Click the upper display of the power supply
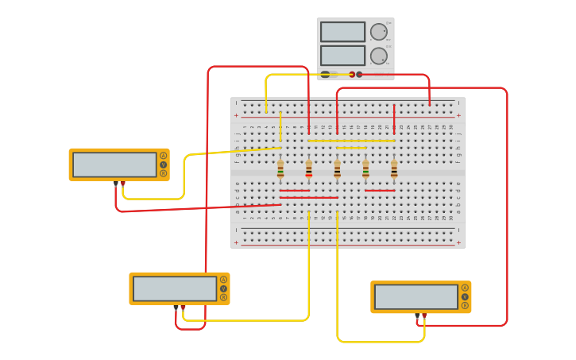[x=342, y=32]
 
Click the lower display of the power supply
[x=342, y=56]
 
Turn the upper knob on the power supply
[x=378, y=32]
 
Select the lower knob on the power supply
[x=378, y=56]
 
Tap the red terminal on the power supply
[x=352, y=75]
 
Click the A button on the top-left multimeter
[x=163, y=156]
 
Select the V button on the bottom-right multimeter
[x=465, y=296]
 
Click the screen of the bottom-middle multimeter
[x=175, y=288]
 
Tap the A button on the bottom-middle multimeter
[x=223, y=280]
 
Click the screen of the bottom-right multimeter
[x=416, y=296]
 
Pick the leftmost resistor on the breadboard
[x=280, y=169]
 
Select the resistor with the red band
[x=309, y=169]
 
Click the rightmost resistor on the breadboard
[x=394, y=169]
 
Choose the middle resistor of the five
[x=337, y=169]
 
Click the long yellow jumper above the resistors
[x=351, y=141]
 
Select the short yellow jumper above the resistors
[x=351, y=148]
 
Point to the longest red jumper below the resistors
[x=308, y=197]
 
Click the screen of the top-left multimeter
[x=114, y=165]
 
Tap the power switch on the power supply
[x=325, y=74]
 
